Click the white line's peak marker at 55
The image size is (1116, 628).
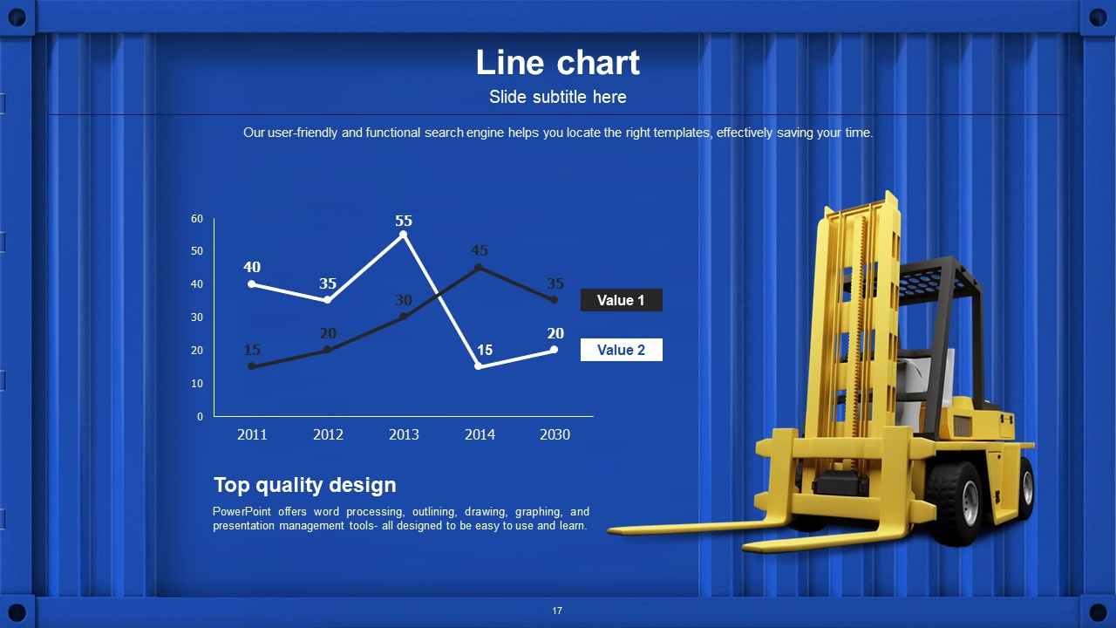tap(403, 235)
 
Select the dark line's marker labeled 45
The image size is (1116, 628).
tap(479, 268)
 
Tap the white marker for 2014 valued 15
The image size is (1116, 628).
tap(479, 366)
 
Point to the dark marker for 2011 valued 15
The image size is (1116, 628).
tap(252, 366)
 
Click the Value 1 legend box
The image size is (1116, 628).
tap(622, 300)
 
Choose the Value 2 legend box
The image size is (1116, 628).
tap(622, 350)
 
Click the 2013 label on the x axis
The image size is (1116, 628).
tap(404, 434)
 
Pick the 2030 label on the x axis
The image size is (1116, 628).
tap(555, 434)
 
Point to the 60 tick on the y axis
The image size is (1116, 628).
tap(197, 219)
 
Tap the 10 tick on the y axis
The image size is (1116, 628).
tap(197, 384)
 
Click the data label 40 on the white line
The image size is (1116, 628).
tap(252, 267)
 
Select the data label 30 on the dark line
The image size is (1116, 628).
tap(404, 300)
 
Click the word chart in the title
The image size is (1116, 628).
tap(598, 63)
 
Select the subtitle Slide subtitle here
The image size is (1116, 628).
tap(557, 97)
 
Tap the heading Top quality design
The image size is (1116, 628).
tap(305, 485)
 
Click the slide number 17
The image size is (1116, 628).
tap(557, 611)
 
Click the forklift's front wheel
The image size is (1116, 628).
tap(956, 503)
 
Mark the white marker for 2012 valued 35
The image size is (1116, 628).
tap(327, 300)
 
